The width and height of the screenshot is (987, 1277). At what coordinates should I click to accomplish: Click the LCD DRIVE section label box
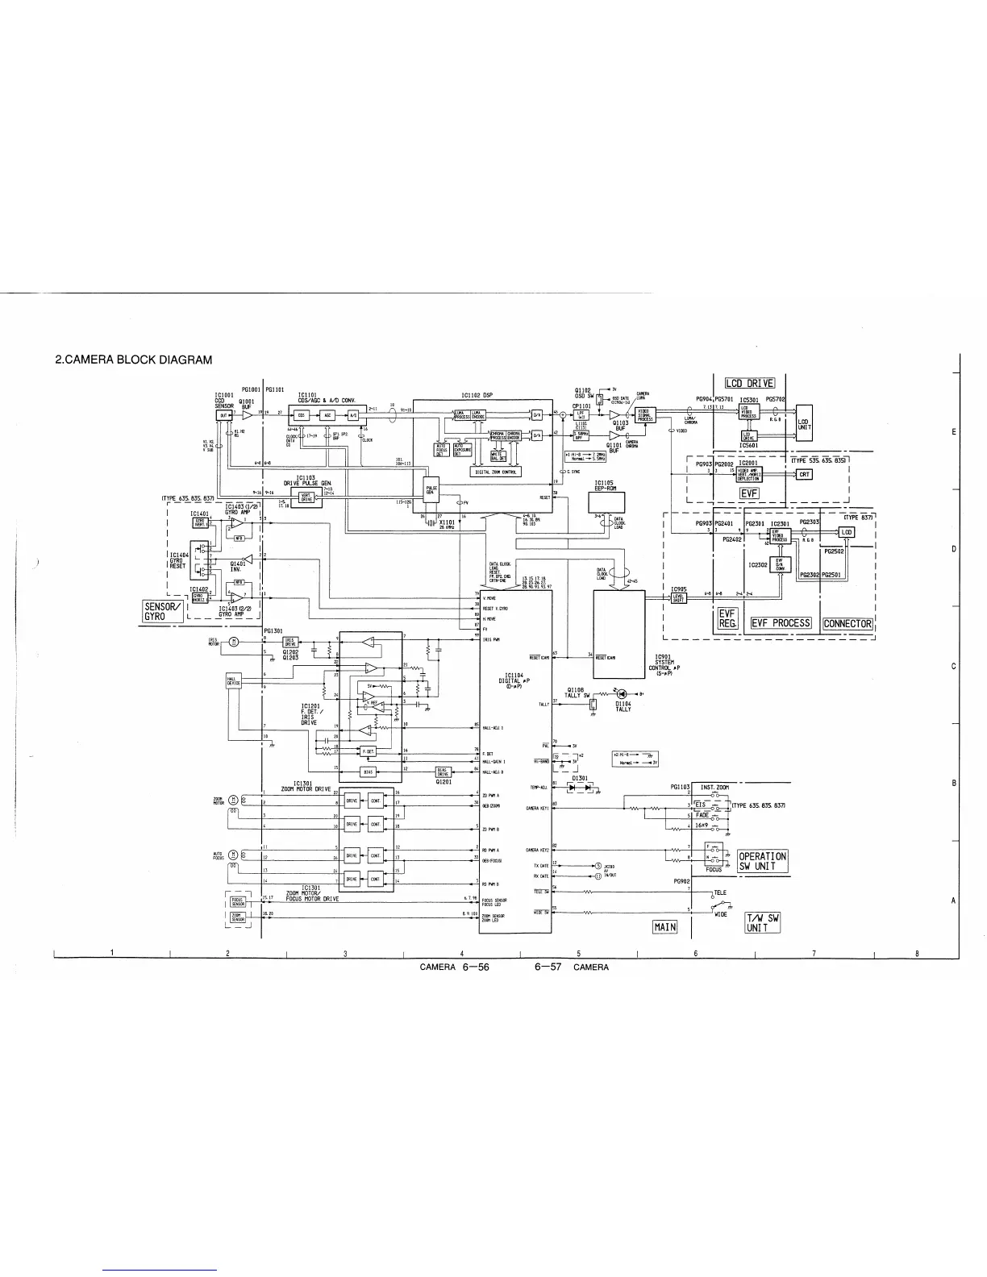click(749, 383)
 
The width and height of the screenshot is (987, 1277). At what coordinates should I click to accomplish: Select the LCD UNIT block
click(803, 424)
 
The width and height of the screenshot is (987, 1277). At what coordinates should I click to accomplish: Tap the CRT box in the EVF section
click(804, 474)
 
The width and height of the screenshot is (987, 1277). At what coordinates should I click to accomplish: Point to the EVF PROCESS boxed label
click(781, 623)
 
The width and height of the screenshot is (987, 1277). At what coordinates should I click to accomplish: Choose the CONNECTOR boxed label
click(847, 623)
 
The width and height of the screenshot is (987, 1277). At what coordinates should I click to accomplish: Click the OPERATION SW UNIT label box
click(762, 861)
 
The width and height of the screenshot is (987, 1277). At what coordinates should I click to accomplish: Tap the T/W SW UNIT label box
click(761, 922)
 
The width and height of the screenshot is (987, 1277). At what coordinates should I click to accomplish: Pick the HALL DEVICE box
click(234, 682)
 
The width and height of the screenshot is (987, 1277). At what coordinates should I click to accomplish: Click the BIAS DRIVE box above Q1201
click(443, 772)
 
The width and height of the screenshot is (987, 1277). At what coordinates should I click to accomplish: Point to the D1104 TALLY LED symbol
click(620, 693)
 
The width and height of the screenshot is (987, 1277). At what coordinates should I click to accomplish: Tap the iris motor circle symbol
click(234, 642)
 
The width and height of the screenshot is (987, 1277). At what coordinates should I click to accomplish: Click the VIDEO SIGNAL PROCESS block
click(644, 414)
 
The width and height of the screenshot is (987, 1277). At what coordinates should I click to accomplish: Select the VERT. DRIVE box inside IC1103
click(306, 497)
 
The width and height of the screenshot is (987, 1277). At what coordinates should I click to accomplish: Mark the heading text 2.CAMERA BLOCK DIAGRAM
click(133, 360)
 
